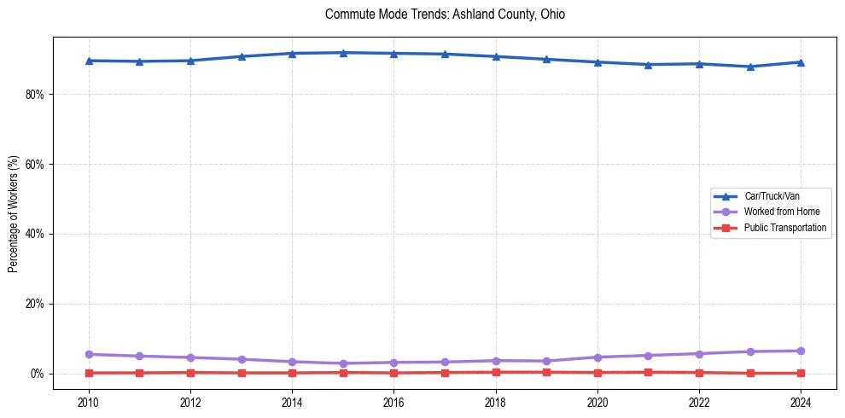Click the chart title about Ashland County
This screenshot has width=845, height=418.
tap(445, 15)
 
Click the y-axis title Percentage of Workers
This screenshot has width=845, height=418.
tap(14, 214)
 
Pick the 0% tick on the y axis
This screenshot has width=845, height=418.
tap(36, 374)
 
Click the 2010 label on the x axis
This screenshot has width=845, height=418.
tap(88, 401)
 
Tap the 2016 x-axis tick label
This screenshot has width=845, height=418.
tap(393, 401)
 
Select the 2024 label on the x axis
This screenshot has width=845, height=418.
tap(801, 401)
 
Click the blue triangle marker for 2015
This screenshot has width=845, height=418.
tap(343, 53)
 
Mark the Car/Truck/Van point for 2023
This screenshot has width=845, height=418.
tap(750, 67)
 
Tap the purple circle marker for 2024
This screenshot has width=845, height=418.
tap(801, 351)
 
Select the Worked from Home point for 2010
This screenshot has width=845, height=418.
tap(88, 354)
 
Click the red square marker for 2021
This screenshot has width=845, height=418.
tap(648, 372)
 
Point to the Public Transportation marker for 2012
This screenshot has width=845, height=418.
tap(190, 372)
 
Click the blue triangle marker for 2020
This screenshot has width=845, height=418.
tap(597, 62)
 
